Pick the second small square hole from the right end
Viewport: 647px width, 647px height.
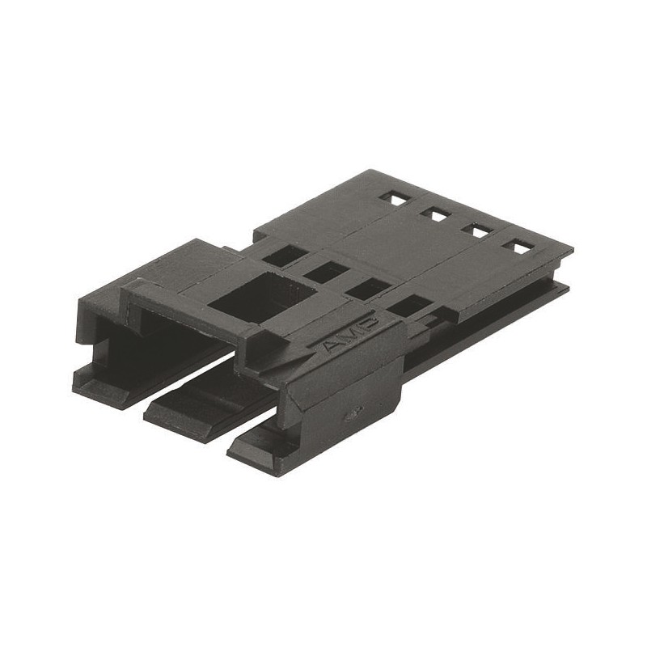click(477, 230)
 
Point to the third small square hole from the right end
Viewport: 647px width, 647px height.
click(434, 214)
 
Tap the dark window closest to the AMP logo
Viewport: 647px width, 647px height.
click(412, 306)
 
